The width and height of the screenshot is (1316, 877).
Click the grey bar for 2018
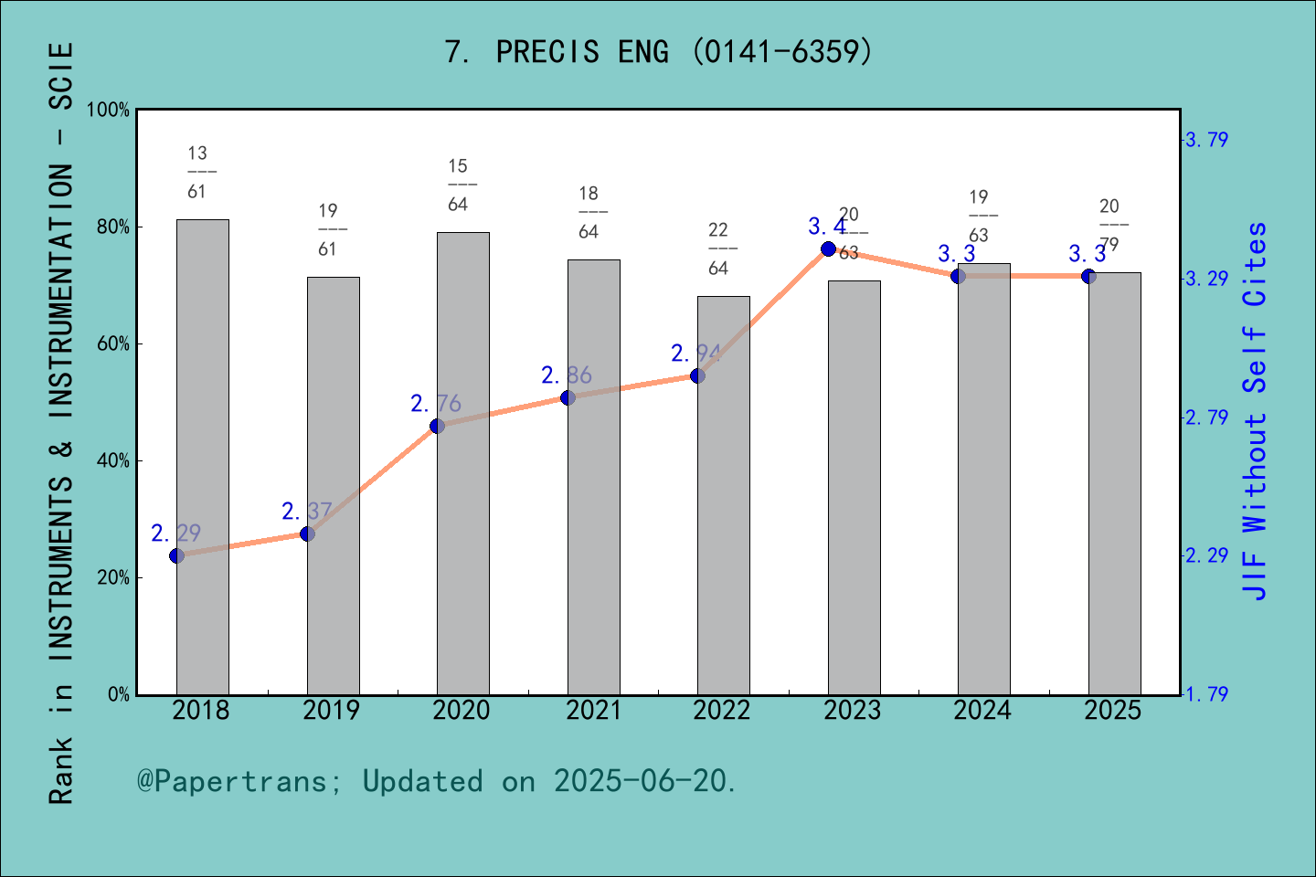(x=203, y=457)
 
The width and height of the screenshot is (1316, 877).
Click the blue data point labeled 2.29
(x=177, y=555)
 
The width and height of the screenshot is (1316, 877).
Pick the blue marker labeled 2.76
(x=437, y=426)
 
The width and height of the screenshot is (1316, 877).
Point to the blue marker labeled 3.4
(x=828, y=248)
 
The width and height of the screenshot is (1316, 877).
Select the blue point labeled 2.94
(x=697, y=375)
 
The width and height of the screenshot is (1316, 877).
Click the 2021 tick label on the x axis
(x=593, y=711)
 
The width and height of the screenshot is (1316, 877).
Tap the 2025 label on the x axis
(x=1113, y=711)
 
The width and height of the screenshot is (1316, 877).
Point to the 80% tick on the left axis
(x=113, y=227)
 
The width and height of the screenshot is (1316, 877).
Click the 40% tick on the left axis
(x=113, y=461)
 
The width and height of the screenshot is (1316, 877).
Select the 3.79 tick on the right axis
(x=1206, y=141)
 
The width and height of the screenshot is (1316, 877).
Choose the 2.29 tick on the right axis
(x=1206, y=555)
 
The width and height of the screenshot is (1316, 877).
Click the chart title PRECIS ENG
(x=658, y=52)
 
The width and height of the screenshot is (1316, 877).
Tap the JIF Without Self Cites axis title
(x=1256, y=411)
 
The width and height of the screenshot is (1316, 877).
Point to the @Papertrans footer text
(x=437, y=782)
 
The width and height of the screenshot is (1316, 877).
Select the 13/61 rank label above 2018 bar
(x=197, y=172)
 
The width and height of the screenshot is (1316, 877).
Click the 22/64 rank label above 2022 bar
(x=718, y=248)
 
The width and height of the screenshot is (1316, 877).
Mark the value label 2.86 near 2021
(x=567, y=375)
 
